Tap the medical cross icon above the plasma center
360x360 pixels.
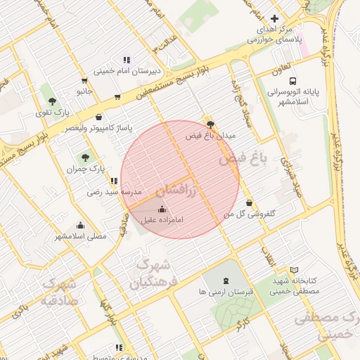tap(274, 18)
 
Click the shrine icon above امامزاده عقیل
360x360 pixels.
tap(163, 209)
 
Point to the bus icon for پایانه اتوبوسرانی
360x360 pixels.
tap(292, 81)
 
